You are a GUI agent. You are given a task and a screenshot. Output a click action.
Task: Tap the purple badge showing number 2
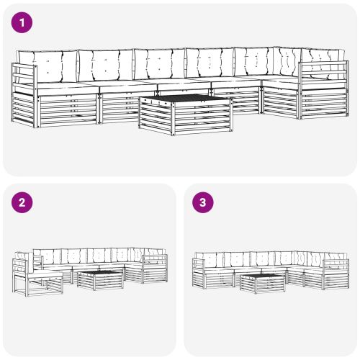coord(23,203)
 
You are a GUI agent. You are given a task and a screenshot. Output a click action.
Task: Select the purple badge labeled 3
coord(203,203)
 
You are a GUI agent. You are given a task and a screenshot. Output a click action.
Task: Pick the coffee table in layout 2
coord(99,279)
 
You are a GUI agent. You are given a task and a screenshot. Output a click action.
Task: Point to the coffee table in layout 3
coord(263,283)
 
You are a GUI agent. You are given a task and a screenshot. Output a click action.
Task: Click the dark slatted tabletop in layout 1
coord(186,99)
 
